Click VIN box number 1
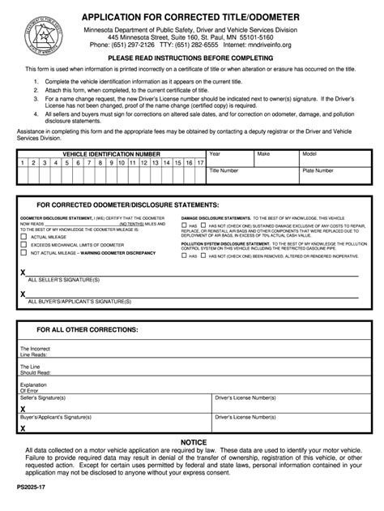point(23,162)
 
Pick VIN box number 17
point(199,162)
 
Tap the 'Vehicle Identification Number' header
point(111,153)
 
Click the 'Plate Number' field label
point(318,171)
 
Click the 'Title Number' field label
point(224,171)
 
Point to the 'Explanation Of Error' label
point(34,388)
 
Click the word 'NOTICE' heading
point(192,441)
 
